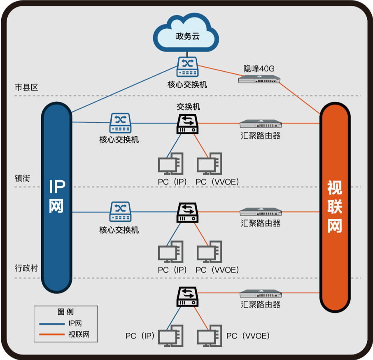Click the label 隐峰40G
tap(259, 68)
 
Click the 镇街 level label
tap(22, 178)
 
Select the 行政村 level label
tap(26, 268)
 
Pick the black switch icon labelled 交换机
tap(188, 124)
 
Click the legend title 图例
tap(66, 312)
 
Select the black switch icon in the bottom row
tap(188, 297)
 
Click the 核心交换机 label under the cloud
tap(187, 84)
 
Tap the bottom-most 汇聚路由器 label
tap(260, 305)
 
